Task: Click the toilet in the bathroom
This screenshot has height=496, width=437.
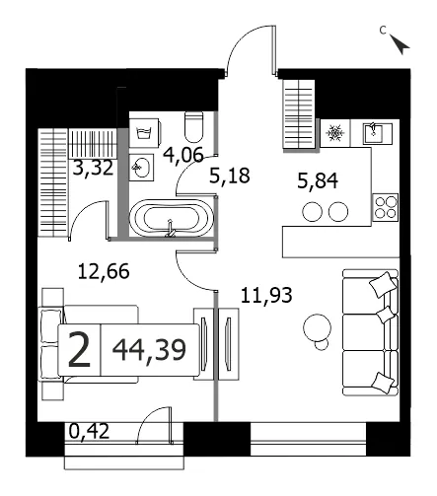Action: (x=193, y=127)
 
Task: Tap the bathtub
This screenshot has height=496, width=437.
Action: (x=172, y=218)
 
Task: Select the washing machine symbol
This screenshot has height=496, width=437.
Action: (x=145, y=133)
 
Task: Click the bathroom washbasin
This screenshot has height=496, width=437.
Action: (x=141, y=167)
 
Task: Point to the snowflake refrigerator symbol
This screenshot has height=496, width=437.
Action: (x=335, y=133)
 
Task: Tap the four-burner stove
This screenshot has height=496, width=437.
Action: (x=385, y=207)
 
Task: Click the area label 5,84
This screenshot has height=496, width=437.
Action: (x=318, y=181)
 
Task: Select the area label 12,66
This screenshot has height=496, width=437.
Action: (x=104, y=272)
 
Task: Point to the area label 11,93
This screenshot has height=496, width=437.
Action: (x=266, y=295)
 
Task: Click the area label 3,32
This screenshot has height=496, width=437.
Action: (x=93, y=168)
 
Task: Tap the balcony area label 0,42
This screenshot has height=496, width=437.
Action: (x=89, y=431)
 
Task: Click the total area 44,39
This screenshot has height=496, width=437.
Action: (x=149, y=350)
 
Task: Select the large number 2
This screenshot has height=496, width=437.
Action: (x=79, y=349)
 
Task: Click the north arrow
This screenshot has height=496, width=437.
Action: (x=400, y=44)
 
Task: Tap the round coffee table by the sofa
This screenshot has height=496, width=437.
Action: (x=318, y=327)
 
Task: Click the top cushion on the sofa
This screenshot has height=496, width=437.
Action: (x=383, y=283)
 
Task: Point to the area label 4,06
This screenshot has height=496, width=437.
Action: (x=183, y=155)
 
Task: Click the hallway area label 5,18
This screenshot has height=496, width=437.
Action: (x=230, y=176)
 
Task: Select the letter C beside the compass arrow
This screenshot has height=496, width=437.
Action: (x=383, y=31)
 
